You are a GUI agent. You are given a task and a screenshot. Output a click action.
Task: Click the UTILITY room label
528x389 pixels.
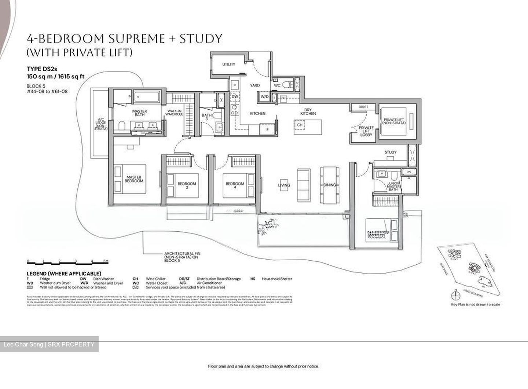[228, 65]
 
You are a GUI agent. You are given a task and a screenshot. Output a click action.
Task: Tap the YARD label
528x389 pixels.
[255, 85]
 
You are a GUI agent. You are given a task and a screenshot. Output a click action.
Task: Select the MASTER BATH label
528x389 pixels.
[139, 113]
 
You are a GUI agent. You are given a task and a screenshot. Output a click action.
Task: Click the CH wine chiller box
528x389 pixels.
[300, 125]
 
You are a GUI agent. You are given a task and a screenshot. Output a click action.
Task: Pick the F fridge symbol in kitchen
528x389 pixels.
[267, 129]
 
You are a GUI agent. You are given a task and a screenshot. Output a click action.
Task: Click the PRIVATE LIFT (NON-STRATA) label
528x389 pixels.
[395, 121]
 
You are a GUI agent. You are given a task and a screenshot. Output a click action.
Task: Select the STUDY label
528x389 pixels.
[390, 152]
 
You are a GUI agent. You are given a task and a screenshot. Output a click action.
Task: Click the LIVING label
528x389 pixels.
[284, 185]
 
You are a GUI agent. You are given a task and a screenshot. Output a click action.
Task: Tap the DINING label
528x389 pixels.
[330, 185]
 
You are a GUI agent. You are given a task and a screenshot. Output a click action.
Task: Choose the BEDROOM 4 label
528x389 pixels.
[235, 186]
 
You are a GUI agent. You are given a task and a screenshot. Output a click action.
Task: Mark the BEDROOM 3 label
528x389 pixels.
[187, 186]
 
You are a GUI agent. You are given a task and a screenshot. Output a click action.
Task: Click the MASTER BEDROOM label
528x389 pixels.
[134, 179]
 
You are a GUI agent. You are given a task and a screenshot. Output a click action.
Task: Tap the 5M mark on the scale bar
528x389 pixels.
[106, 261]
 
